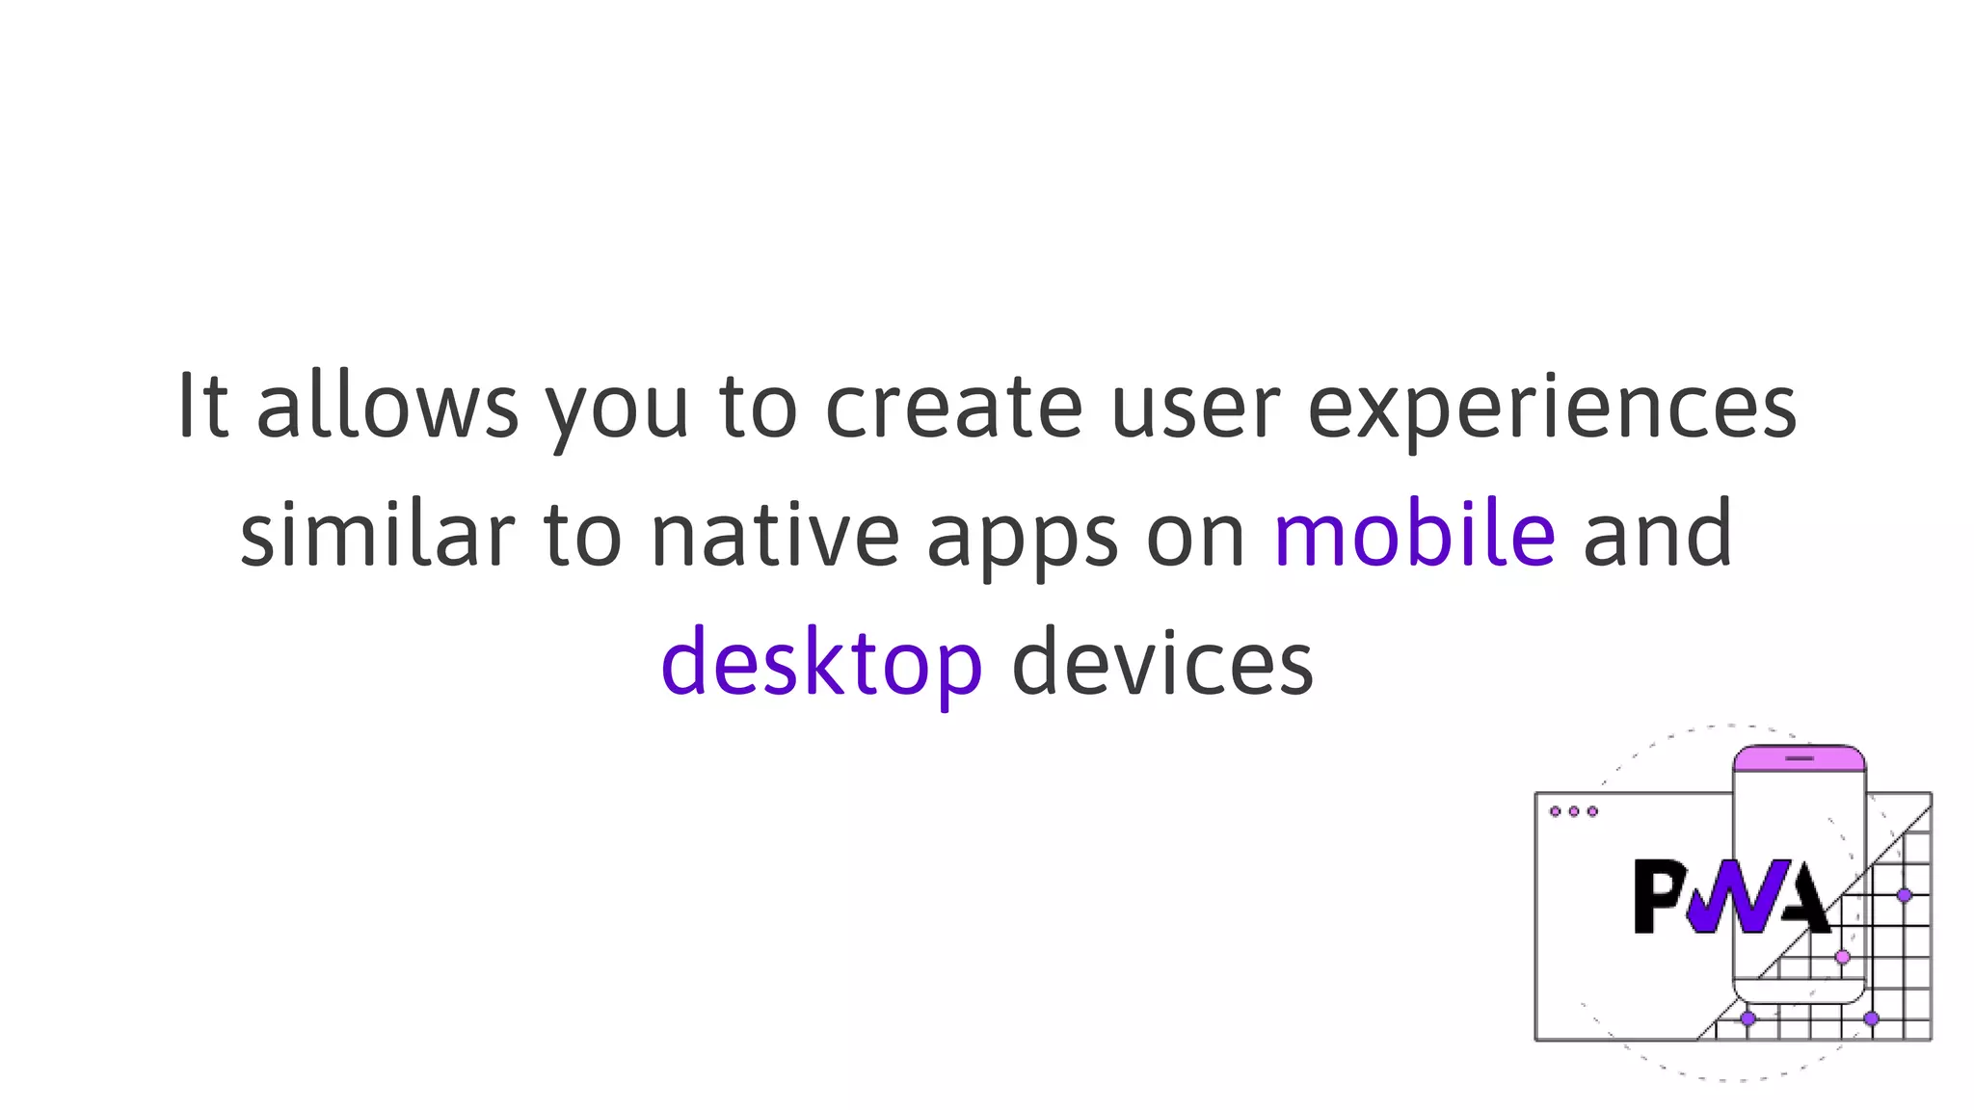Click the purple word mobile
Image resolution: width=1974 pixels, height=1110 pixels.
click(x=1414, y=534)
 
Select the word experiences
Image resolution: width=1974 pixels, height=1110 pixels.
click(x=1552, y=407)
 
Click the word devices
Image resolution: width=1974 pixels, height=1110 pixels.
click(x=1162, y=663)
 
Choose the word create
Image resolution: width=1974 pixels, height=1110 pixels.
click(x=953, y=407)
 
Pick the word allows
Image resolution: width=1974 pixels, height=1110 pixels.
click(x=387, y=407)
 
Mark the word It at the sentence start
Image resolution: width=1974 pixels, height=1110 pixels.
click(x=203, y=406)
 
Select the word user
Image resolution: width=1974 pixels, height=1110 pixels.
click(x=1195, y=407)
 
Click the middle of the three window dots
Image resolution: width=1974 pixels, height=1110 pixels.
click(x=1573, y=811)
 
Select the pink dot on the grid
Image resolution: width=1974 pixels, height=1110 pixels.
click(x=1842, y=957)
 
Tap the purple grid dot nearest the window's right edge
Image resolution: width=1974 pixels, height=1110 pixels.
click(x=1904, y=895)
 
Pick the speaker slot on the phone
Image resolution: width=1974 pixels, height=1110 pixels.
click(x=1799, y=758)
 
